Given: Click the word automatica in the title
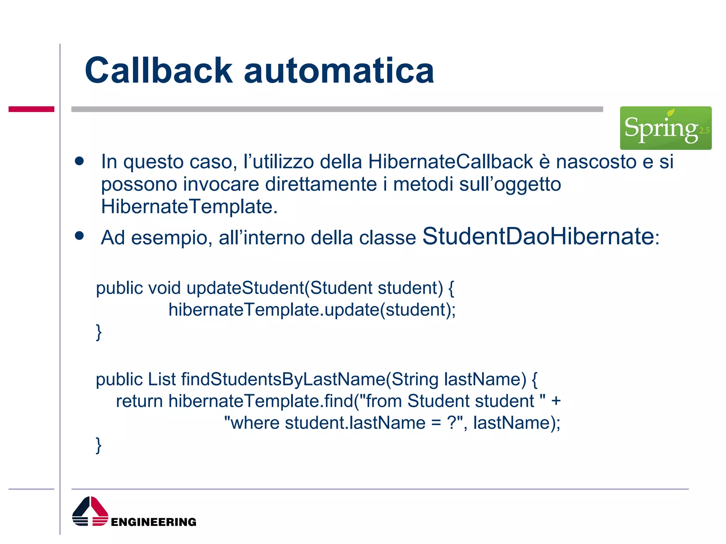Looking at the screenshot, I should [x=339, y=71].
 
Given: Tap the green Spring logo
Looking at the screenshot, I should [x=665, y=128].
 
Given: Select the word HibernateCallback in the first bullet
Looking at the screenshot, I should [x=450, y=161].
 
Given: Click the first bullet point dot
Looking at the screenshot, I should [x=79, y=161].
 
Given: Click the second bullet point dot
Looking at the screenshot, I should [x=79, y=236].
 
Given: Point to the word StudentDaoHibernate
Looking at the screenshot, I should [x=538, y=236].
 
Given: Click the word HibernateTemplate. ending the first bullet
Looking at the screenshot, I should [x=189, y=206].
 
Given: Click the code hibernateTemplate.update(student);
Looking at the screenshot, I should [x=312, y=310].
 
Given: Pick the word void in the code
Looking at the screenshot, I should [x=164, y=288].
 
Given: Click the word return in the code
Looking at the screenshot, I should [x=139, y=401].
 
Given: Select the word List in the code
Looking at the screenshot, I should [x=162, y=379].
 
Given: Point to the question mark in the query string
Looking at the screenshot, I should [x=451, y=423].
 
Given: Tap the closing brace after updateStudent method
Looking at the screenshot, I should [x=99, y=332].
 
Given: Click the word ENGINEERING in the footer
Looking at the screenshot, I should [x=153, y=522].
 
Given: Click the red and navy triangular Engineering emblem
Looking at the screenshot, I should [x=90, y=511].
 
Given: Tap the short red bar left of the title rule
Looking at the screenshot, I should [x=32, y=109].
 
